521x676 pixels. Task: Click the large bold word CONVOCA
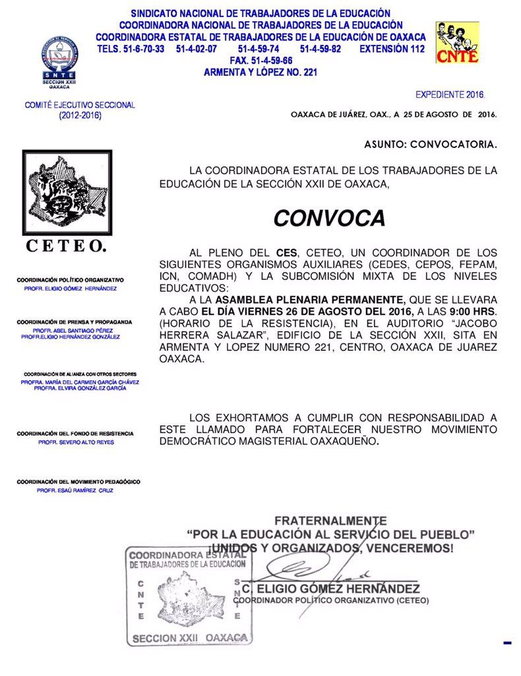point(329,218)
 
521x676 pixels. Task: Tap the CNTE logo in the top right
point(457,43)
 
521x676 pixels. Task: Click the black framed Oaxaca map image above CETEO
point(67,193)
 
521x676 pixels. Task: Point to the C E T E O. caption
point(66,247)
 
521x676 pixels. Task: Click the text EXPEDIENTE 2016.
point(450,95)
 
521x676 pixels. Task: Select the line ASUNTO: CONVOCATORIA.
point(431,143)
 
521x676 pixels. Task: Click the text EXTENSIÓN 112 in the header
point(392,50)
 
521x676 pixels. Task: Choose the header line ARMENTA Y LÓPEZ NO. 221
point(260,72)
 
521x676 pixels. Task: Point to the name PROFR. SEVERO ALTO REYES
point(76,442)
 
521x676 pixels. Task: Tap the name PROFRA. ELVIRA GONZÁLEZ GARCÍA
point(80,388)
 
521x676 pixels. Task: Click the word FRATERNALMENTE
point(330,521)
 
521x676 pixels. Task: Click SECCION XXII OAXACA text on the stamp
point(190,638)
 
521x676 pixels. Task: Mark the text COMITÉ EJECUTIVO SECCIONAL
point(80,105)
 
